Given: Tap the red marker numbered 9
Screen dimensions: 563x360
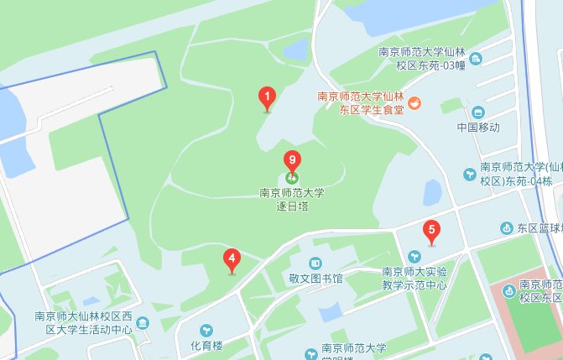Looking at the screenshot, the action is pos(291,159).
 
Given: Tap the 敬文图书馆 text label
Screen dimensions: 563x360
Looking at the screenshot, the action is pos(315,279).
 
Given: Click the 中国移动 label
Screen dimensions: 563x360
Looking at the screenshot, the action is pos(478,128).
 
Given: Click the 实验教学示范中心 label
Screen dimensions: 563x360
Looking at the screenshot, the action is pos(414,278).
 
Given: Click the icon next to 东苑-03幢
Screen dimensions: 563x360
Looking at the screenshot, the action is pos(476,58).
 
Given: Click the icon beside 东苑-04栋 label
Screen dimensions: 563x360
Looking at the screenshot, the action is pos(470,175).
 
